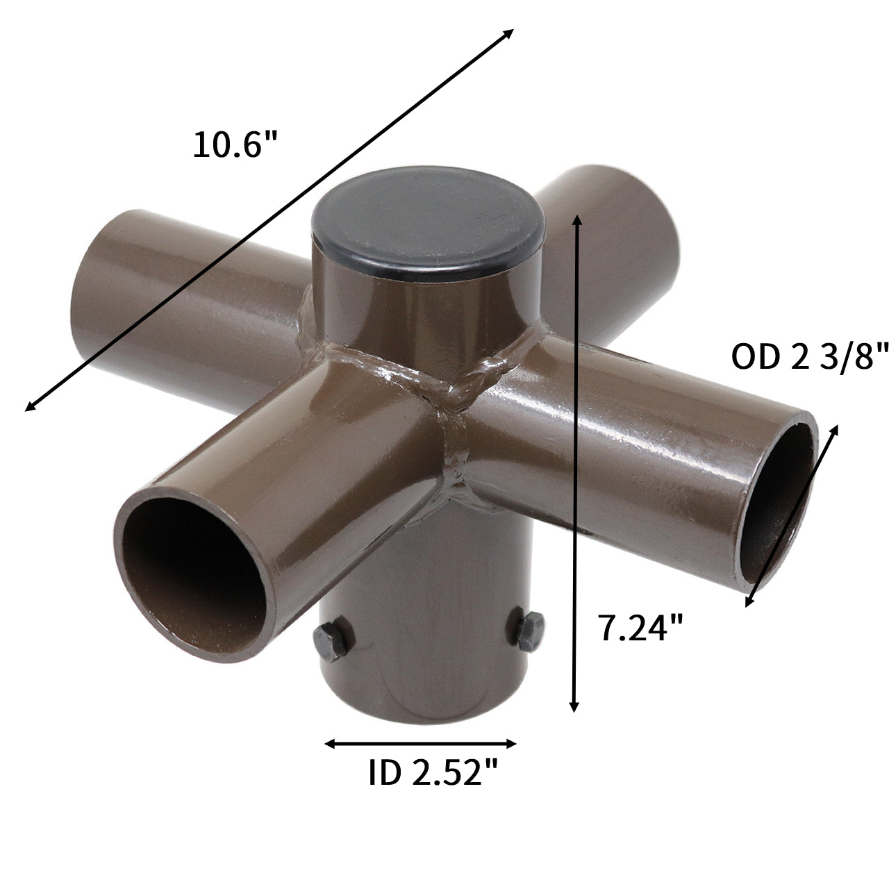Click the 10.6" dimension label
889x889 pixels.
(x=235, y=145)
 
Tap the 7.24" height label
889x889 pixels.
(x=640, y=628)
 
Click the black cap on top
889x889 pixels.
(x=427, y=223)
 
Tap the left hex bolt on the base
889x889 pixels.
(x=333, y=640)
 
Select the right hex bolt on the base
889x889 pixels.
(x=530, y=630)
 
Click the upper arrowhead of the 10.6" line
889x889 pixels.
(x=509, y=33)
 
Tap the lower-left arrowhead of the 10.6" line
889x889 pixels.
(x=30, y=408)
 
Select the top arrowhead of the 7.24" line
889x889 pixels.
(x=574, y=220)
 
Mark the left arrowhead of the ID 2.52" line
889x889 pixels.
(x=329, y=744)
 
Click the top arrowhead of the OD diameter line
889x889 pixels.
(x=834, y=429)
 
